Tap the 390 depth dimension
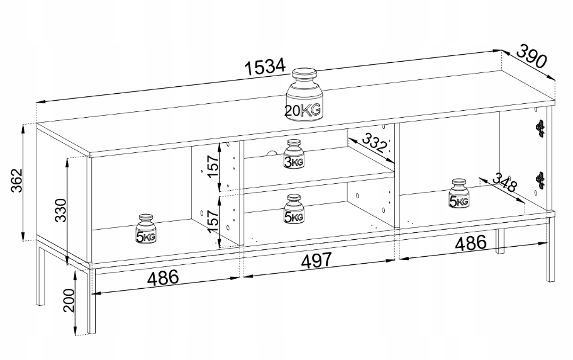[x=531, y=57]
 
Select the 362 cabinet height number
[x=14, y=183]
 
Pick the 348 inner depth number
[x=504, y=183]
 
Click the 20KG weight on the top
[x=303, y=94]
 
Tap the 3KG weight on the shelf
[x=294, y=155]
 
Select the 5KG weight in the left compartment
[x=146, y=230]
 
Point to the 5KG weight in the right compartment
[x=459, y=194]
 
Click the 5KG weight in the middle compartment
[x=294, y=210]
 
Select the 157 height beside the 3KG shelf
[x=213, y=165]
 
